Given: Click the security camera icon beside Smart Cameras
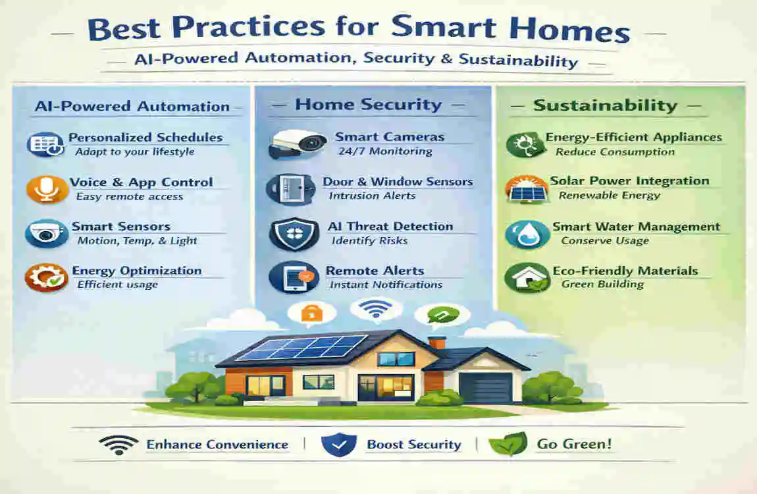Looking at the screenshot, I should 298,144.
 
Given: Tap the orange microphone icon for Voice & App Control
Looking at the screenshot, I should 47,189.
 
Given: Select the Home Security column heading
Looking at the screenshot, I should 368,105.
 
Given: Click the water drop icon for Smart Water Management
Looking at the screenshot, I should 527,234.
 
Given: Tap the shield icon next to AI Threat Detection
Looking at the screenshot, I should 286,233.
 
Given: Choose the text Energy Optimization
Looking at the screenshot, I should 137,271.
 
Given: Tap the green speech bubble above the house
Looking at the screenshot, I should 438,315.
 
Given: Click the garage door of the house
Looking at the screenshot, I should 486,387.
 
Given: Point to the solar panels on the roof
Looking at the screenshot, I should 300,348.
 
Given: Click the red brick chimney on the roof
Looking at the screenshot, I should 436,344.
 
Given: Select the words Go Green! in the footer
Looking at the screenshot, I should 574,444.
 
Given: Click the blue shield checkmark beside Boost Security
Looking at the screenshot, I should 339,445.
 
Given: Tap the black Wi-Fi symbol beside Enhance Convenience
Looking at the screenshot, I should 118,444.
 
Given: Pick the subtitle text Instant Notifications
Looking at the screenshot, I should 386,285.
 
